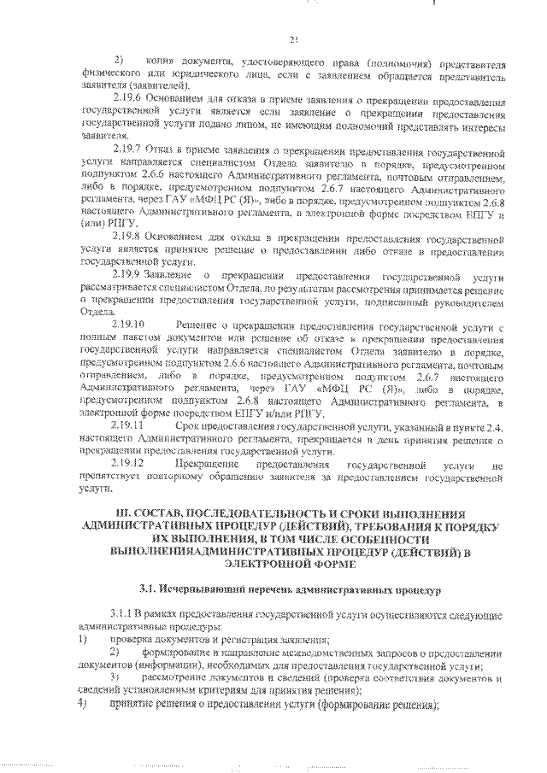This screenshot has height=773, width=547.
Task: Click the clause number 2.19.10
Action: click(x=129, y=325)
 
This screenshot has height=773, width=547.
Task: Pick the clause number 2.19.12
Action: click(x=129, y=462)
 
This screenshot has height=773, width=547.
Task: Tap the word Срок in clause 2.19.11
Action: click(x=186, y=424)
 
